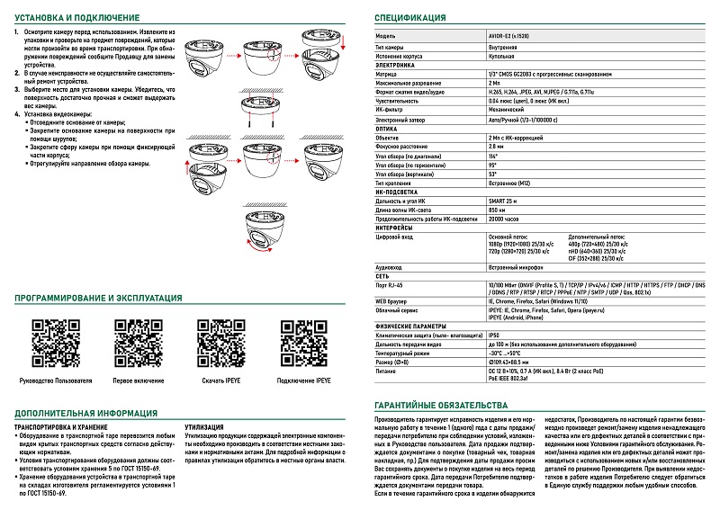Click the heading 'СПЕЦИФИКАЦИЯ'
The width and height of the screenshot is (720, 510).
409,17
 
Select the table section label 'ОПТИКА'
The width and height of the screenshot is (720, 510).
388,128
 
